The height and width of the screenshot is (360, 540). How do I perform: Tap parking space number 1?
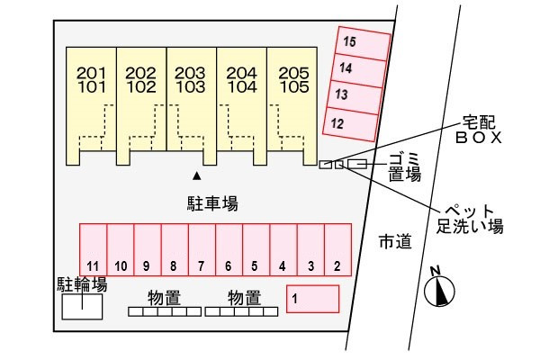click(312, 298)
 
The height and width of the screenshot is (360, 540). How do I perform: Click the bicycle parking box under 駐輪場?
click(82, 308)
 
